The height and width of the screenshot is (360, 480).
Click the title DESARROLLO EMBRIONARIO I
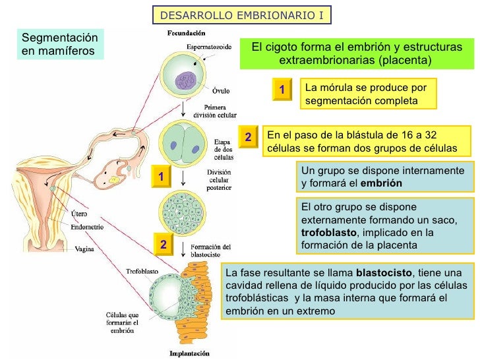pos(242,15)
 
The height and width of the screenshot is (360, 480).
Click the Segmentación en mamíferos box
pos(59,44)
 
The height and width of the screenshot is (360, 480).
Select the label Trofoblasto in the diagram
pos(142,270)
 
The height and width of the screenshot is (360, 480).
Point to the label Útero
pos(81,213)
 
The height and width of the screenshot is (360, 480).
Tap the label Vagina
pos(83,249)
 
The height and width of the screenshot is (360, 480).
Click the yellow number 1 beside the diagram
pos(161,176)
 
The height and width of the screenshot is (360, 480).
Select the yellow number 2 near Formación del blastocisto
pos(162,245)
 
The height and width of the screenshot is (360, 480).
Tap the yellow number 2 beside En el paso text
pos(248,137)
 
